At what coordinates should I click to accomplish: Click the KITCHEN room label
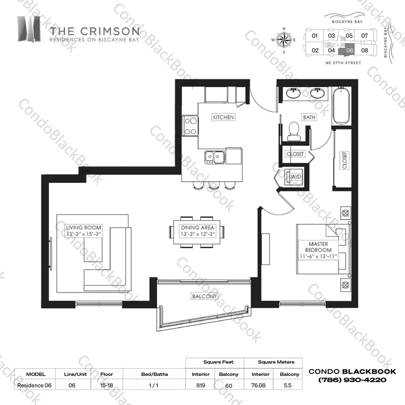click(223, 117)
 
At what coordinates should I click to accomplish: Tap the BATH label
click(309, 117)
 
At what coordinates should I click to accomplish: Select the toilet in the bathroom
click(294, 131)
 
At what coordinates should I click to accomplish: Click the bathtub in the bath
click(341, 106)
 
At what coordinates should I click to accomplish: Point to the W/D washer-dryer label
click(296, 177)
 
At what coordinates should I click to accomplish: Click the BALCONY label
click(204, 296)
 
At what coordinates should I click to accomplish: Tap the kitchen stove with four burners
click(191, 126)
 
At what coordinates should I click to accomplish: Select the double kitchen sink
click(214, 157)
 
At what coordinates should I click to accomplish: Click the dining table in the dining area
click(197, 232)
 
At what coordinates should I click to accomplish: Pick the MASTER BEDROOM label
click(318, 247)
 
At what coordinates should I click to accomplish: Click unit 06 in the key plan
click(349, 50)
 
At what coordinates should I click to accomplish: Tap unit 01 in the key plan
click(314, 36)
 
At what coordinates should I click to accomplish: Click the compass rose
click(284, 40)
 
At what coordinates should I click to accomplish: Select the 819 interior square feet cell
click(200, 386)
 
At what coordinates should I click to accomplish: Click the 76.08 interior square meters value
click(258, 386)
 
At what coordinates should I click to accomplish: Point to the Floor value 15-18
click(107, 386)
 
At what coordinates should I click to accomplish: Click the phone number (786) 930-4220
click(352, 380)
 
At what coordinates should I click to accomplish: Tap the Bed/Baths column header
click(154, 374)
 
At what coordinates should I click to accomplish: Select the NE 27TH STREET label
click(343, 63)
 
